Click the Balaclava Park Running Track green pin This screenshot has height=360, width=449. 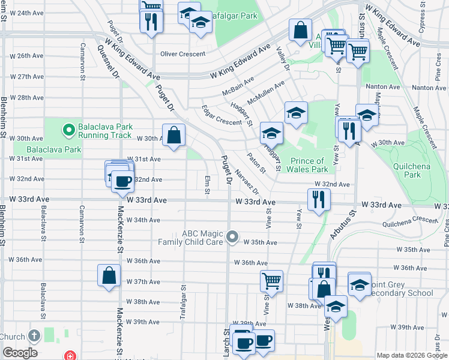pos(68,128)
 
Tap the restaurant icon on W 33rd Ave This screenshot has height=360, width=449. pos(319,199)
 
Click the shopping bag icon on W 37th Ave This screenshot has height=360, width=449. pos(109,276)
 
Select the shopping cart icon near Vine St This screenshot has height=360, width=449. pos(271,280)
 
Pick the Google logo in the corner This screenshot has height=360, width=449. pos(20,353)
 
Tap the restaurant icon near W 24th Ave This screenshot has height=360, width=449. pos(151,22)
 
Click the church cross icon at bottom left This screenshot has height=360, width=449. pos(34,335)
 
